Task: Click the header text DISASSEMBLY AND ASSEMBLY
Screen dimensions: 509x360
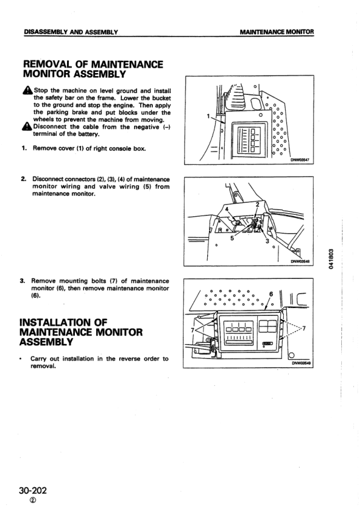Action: tap(70, 31)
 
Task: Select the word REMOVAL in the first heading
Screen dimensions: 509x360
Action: tap(50, 64)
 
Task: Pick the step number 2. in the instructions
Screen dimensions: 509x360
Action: tap(24, 179)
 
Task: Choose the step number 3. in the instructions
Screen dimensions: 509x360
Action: tap(24, 281)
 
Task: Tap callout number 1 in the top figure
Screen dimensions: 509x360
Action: tap(208, 116)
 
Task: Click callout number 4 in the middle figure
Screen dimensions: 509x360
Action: tap(228, 209)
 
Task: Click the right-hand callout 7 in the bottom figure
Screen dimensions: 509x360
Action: tap(304, 328)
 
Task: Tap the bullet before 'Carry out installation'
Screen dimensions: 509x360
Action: tap(24, 359)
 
